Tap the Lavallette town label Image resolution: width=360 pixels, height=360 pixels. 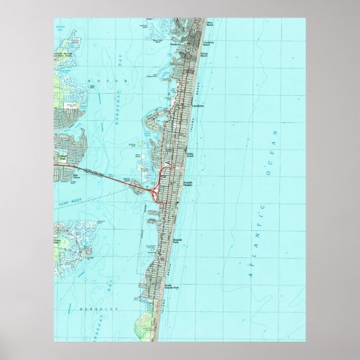point(198,106)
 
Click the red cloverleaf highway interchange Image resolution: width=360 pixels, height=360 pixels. point(154,192)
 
